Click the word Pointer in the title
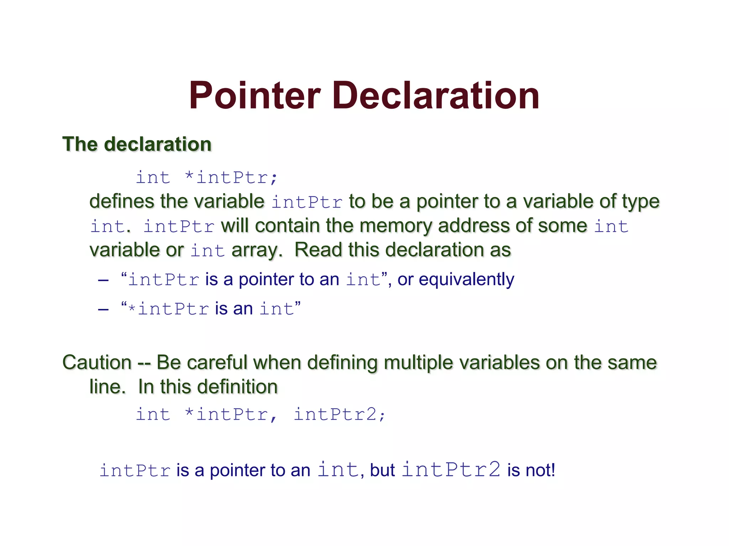[x=255, y=96]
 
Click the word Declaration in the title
[x=436, y=96]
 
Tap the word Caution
[x=97, y=363]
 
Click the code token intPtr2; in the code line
[x=339, y=414]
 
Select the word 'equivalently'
[x=466, y=279]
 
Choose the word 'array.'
[x=257, y=250]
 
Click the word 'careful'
[x=217, y=363]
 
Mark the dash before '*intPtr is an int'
[x=103, y=309]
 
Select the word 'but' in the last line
[x=382, y=470]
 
